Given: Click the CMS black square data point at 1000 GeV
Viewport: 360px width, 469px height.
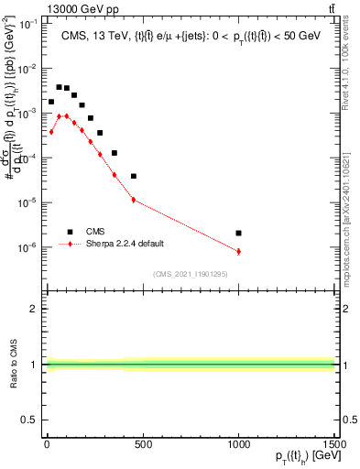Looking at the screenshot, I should tap(238, 233).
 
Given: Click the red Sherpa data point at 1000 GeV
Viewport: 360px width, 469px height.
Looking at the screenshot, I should tap(238, 251).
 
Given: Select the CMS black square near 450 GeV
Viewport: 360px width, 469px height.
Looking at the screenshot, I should tap(134, 176).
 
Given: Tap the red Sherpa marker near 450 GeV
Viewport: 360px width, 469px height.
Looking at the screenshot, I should tap(134, 200).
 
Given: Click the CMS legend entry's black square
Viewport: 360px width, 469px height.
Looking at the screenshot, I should tap(69, 232).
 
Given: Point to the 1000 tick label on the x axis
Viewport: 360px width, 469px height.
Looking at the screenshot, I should tap(238, 442).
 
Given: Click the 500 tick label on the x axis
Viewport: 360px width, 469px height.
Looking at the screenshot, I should tap(143, 442).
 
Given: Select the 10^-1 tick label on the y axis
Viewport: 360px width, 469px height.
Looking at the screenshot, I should tap(28, 25).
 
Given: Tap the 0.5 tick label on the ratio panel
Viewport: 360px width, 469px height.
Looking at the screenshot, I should tap(32, 420).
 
